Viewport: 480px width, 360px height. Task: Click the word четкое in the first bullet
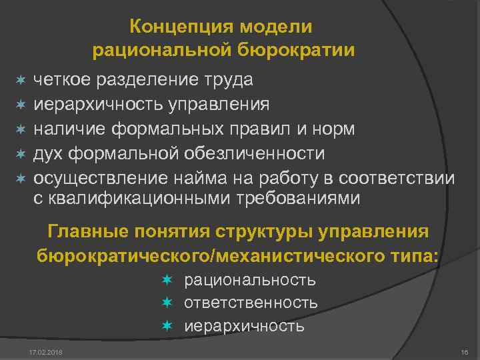(63, 80)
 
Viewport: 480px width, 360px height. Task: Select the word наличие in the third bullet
(68, 129)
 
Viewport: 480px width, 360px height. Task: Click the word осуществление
(91, 179)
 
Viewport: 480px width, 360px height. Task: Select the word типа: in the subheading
(408, 255)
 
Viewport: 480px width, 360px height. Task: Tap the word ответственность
(251, 303)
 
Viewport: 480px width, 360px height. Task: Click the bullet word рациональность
(250, 280)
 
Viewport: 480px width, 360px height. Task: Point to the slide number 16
(465, 351)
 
